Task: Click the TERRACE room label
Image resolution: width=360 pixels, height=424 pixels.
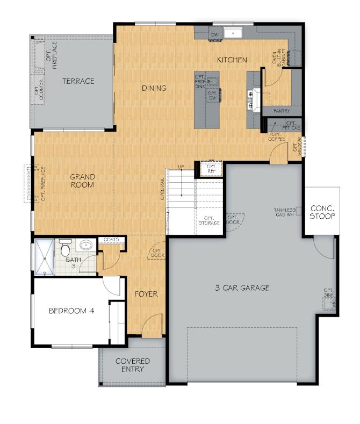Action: (x=78, y=81)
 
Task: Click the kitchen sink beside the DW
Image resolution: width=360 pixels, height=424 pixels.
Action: (x=233, y=33)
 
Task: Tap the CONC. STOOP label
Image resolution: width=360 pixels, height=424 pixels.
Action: (x=322, y=212)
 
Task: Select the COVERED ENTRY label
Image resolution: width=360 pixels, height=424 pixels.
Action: (x=133, y=365)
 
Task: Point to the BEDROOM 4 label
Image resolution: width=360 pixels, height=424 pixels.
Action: (x=71, y=311)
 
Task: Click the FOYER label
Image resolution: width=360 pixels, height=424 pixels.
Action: (x=146, y=294)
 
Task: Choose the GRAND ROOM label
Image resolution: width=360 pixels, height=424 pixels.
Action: (x=83, y=181)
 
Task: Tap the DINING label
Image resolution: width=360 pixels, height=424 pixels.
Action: (x=154, y=88)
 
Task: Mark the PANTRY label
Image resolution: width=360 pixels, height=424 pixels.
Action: (x=282, y=111)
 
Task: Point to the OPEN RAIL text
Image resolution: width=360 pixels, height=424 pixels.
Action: (x=162, y=190)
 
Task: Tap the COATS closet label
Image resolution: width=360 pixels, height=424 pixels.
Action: (x=112, y=240)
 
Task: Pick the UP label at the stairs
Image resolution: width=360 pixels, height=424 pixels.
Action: (x=181, y=167)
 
